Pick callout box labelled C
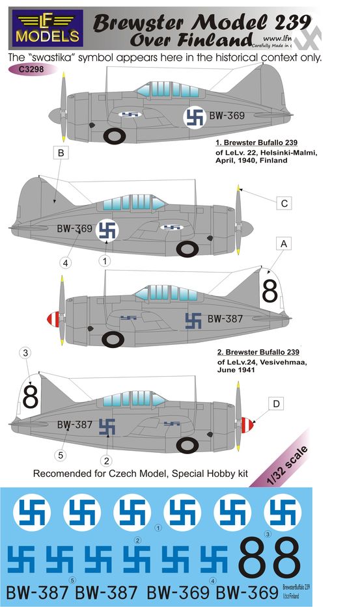tap(283, 203)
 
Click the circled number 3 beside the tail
tap(25, 353)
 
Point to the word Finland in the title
tap(220, 40)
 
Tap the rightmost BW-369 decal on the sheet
tap(247, 593)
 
